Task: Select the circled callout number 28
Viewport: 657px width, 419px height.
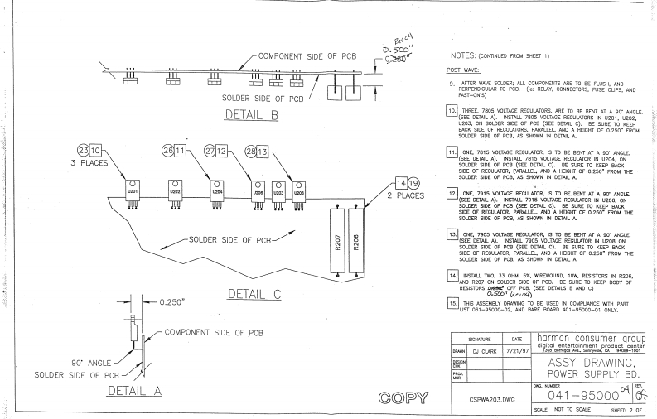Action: point(252,152)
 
